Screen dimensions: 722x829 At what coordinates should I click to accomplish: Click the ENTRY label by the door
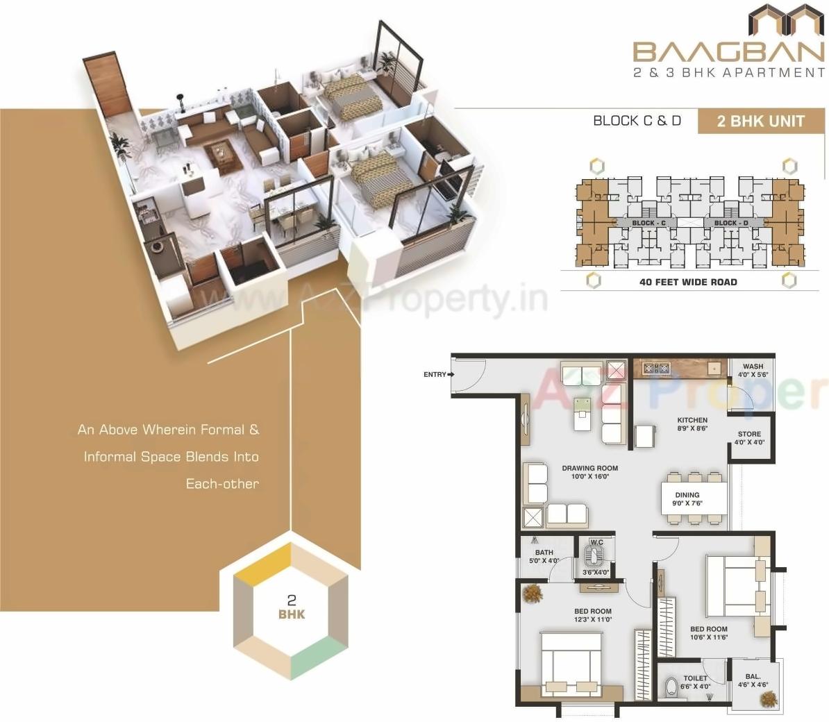pyautogui.click(x=435, y=375)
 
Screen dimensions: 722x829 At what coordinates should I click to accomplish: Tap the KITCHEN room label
pyautogui.click(x=692, y=420)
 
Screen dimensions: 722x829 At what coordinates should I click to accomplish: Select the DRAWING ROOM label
pyautogui.click(x=589, y=469)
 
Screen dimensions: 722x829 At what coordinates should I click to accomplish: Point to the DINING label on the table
pyautogui.click(x=687, y=495)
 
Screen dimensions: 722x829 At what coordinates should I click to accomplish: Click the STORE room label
pyautogui.click(x=749, y=434)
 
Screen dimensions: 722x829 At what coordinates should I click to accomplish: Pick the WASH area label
pyautogui.click(x=753, y=367)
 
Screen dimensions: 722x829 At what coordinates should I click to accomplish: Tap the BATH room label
pyautogui.click(x=544, y=553)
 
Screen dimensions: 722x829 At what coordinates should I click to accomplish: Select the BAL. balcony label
pyautogui.click(x=753, y=676)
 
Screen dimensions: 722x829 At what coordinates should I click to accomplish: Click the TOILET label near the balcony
pyautogui.click(x=695, y=678)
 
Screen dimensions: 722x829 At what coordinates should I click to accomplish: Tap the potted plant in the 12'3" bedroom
pyautogui.click(x=533, y=594)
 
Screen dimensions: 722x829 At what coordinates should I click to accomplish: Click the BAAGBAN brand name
pyautogui.click(x=728, y=52)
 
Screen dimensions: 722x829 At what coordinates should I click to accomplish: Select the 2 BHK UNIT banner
pyautogui.click(x=760, y=121)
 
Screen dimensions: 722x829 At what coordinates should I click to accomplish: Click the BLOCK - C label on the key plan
pyautogui.click(x=649, y=224)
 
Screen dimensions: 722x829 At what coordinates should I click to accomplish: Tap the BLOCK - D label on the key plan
pyautogui.click(x=731, y=224)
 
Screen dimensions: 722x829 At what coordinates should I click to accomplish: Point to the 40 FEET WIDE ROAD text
pyautogui.click(x=688, y=282)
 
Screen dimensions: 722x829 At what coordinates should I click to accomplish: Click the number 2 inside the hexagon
pyautogui.click(x=292, y=600)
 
